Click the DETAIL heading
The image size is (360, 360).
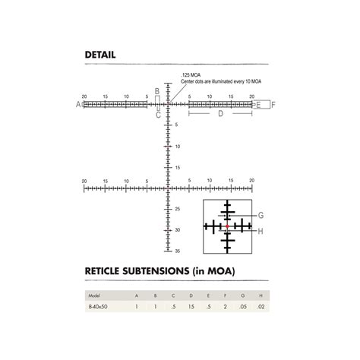(x=100, y=55)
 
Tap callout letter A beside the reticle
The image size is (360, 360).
(x=78, y=105)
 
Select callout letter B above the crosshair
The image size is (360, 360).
(x=157, y=90)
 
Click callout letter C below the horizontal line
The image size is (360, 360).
(x=158, y=115)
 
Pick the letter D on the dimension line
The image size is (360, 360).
(x=219, y=114)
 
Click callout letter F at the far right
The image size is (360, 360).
(x=273, y=105)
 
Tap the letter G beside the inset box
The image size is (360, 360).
(x=261, y=215)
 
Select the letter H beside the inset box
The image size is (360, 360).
(x=261, y=231)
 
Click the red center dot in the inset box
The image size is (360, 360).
(x=227, y=226)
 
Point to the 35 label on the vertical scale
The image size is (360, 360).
(x=176, y=250)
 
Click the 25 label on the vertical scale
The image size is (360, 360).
(x=176, y=209)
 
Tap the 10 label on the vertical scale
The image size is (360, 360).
(x=176, y=146)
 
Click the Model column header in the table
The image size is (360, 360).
(x=93, y=295)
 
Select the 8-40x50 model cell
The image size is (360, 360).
(x=97, y=306)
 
